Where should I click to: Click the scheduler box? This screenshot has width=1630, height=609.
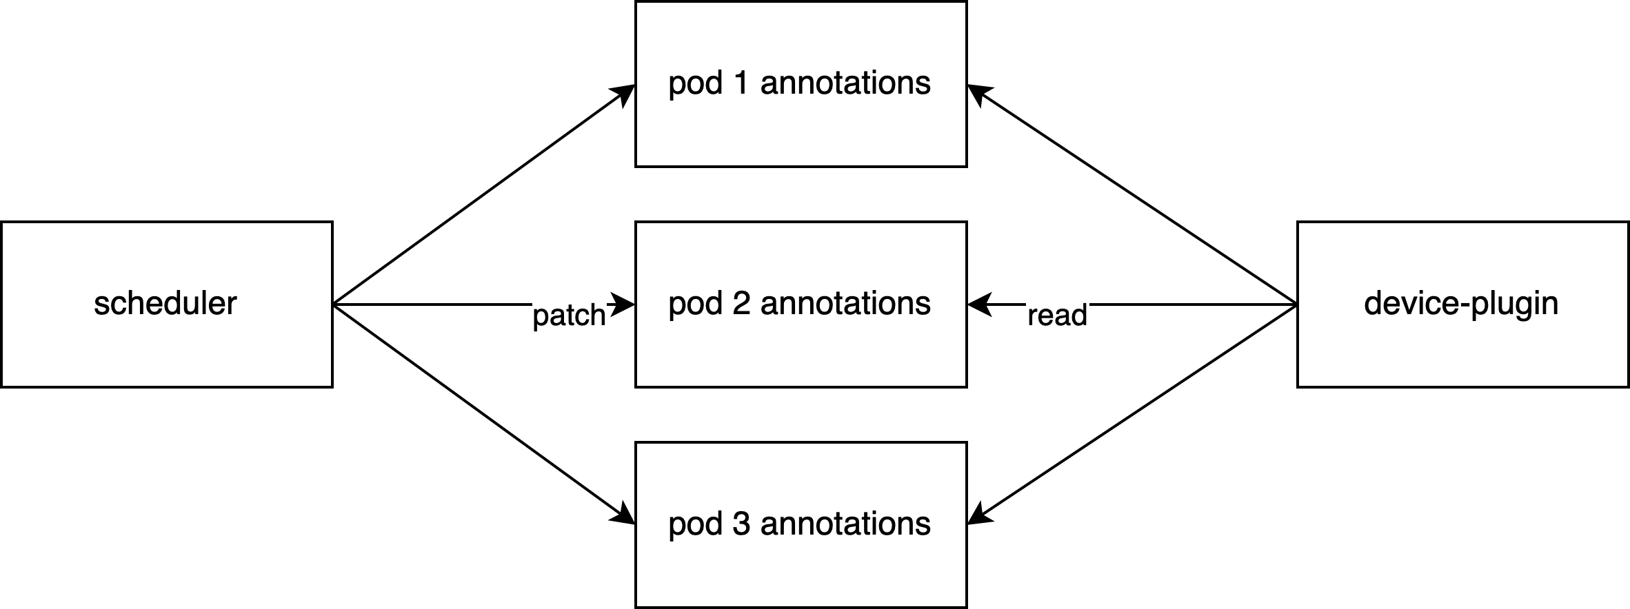166,304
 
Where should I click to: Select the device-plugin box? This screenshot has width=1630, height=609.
1463,304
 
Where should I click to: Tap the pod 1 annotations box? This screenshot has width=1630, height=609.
801,83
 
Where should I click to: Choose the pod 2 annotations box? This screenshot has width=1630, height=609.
801,304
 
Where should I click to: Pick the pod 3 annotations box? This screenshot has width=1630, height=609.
801,524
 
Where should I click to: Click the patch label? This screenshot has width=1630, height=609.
569,316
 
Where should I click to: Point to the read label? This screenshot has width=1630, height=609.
1057,316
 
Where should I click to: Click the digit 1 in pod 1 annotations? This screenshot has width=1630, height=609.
741,83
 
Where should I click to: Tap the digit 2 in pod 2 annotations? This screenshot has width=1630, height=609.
741,304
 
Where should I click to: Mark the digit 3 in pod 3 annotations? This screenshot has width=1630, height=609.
741,524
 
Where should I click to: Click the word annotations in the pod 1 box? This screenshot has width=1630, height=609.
845,83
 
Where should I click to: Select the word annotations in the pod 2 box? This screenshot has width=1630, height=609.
845,304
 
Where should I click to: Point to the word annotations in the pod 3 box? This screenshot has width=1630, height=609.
845,524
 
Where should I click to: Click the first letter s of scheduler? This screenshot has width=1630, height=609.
101,305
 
